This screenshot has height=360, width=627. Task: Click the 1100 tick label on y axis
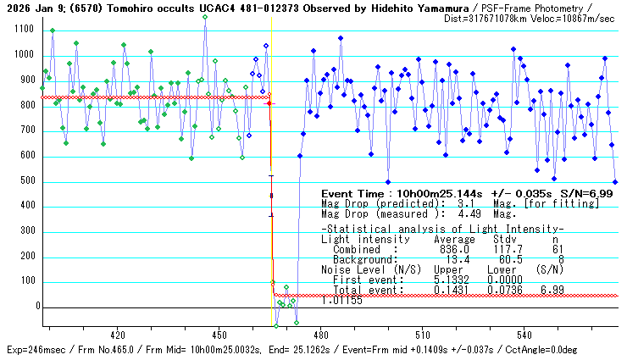(23, 30)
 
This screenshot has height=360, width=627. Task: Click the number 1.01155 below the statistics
(342, 300)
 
